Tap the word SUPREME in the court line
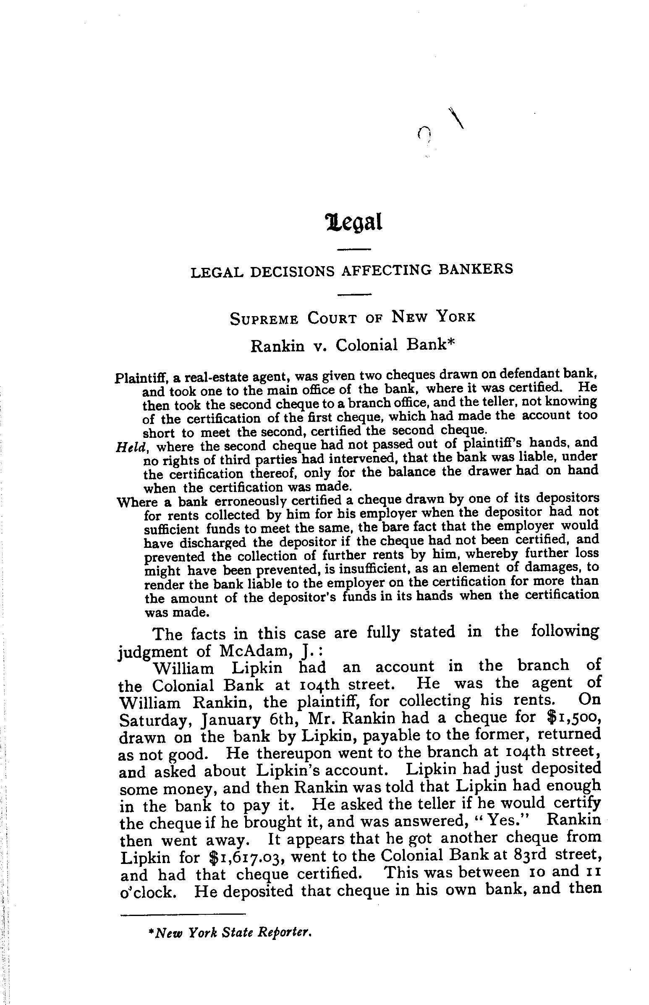tap(264, 319)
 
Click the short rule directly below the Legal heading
tap(354, 249)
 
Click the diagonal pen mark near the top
tap(456, 118)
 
